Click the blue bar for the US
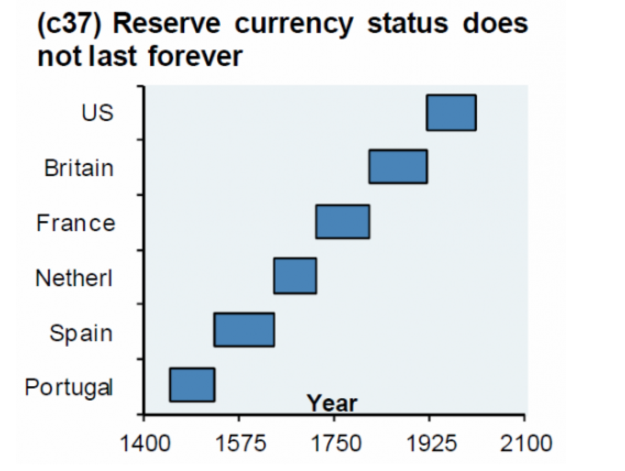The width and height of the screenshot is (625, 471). (x=451, y=113)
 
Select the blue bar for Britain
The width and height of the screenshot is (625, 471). (x=398, y=166)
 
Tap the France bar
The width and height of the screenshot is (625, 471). (x=342, y=221)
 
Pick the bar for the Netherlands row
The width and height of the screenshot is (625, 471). (x=295, y=276)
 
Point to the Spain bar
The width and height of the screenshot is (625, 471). (x=244, y=330)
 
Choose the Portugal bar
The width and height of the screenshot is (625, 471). (x=192, y=385)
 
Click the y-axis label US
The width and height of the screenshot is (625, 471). (x=97, y=113)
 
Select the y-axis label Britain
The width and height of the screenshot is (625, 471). (x=79, y=168)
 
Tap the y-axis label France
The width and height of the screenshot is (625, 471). (x=76, y=223)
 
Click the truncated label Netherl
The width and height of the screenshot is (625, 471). (x=74, y=278)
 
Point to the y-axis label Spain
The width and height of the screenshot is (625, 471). (x=81, y=333)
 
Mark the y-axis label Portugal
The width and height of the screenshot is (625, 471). (x=69, y=388)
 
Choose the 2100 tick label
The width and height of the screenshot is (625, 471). (x=525, y=441)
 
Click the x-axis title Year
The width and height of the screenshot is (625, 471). (x=332, y=403)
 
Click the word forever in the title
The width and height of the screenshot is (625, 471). (x=195, y=57)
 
